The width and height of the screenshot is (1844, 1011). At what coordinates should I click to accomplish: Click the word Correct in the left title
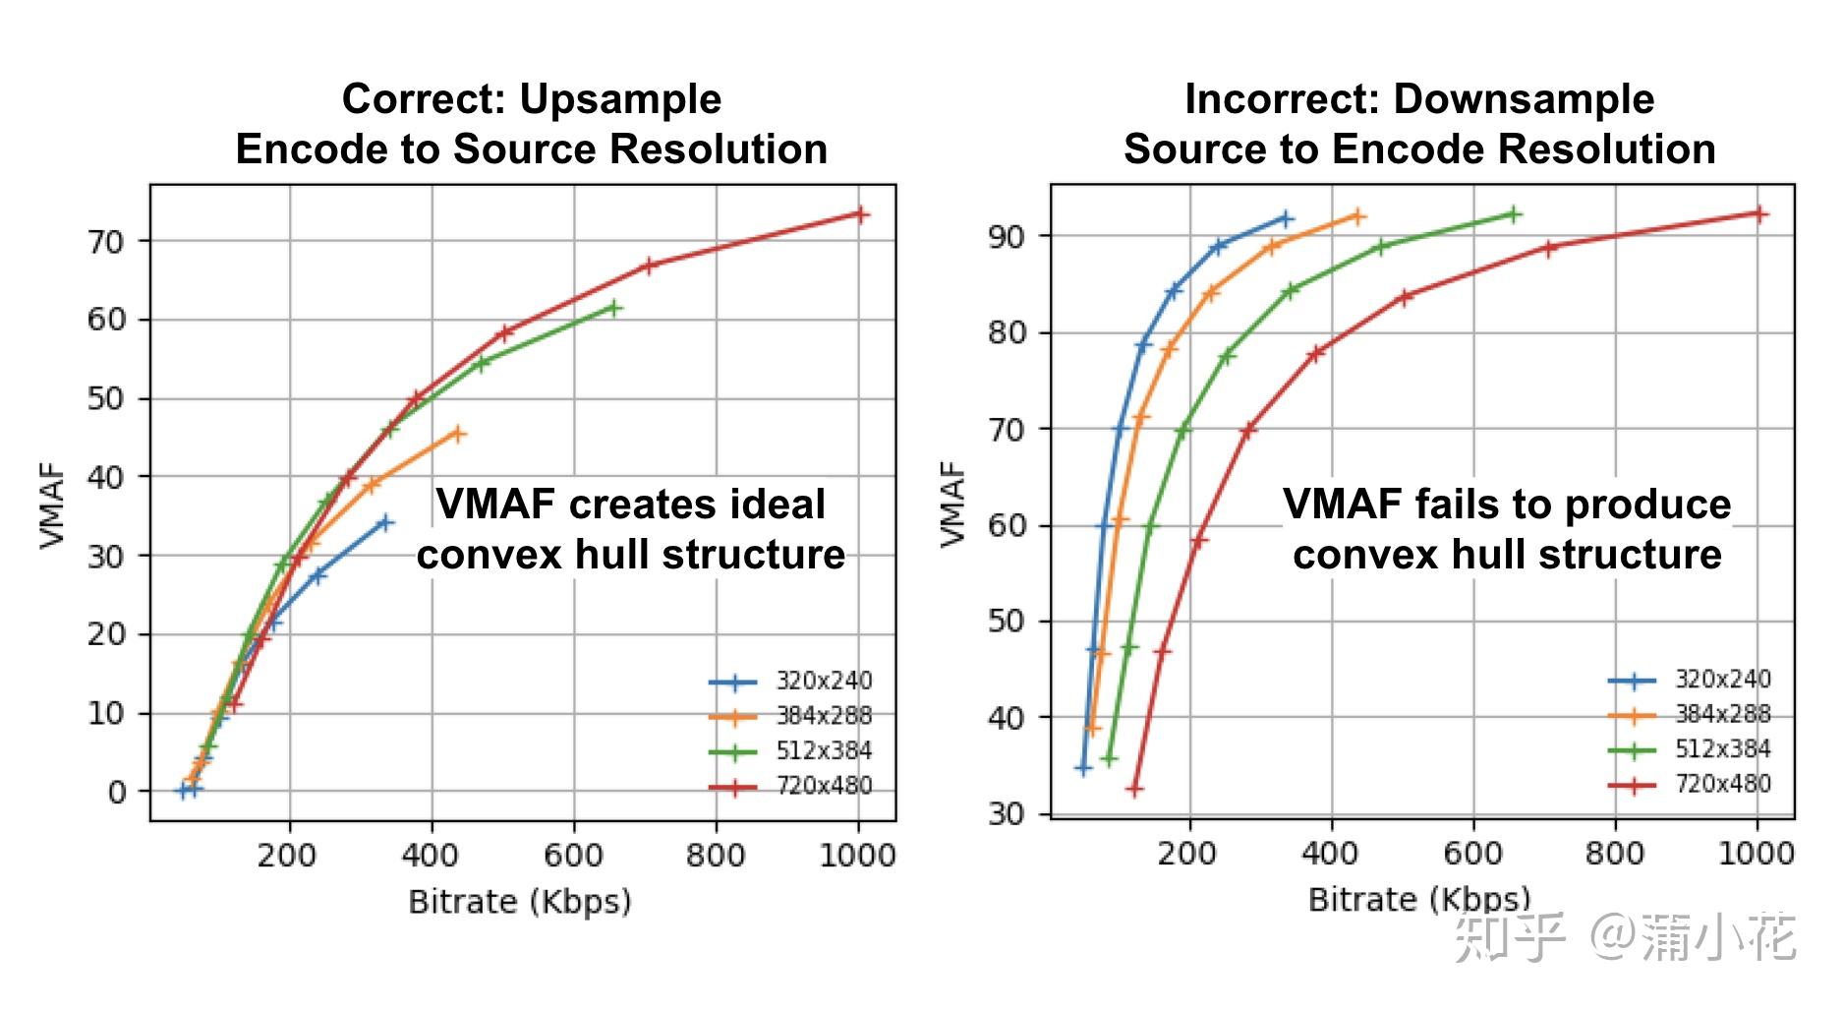point(424,99)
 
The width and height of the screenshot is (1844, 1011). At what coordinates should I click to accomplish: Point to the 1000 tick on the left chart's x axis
point(857,855)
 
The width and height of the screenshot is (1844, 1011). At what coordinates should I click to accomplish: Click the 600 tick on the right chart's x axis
point(1472,853)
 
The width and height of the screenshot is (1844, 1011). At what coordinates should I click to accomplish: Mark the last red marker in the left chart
point(860,214)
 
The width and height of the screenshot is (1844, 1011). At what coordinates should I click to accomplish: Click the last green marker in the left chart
point(613,308)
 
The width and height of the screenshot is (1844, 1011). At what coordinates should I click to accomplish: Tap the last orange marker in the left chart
point(457,434)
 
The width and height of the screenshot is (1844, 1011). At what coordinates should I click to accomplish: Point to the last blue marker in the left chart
point(385,522)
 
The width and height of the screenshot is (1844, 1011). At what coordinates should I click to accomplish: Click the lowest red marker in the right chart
point(1134,789)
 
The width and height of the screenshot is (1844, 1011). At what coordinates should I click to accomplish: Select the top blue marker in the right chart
point(1285,218)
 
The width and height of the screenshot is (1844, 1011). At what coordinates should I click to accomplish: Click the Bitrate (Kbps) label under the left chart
point(520,901)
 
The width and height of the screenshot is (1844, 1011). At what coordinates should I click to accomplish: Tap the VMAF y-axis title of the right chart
point(952,504)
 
